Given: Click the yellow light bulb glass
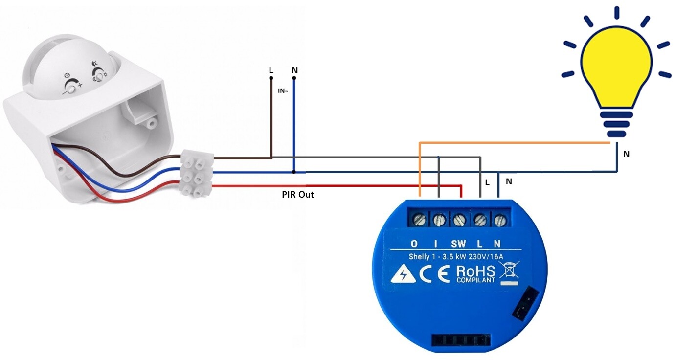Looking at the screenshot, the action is point(616,67).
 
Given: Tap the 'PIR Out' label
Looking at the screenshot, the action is point(298,195).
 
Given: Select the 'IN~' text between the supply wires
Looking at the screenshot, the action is point(283,91).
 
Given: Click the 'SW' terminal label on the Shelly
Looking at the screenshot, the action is point(458,244).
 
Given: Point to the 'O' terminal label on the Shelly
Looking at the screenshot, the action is point(414,244).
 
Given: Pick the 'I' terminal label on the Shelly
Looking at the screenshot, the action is point(435,244).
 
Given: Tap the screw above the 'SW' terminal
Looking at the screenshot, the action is point(459,220).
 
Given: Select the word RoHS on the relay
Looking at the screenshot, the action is point(476,271).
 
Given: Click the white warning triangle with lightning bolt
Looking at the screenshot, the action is point(403,274).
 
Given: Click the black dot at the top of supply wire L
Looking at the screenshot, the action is point(271,78).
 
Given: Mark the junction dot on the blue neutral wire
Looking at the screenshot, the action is point(294,172).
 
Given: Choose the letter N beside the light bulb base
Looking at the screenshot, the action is point(627,154).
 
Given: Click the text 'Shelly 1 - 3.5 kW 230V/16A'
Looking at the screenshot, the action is point(456,257).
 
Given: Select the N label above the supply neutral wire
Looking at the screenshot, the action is point(294,70).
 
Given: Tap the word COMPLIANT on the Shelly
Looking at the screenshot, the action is point(475,280).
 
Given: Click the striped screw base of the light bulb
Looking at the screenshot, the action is point(616,124).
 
